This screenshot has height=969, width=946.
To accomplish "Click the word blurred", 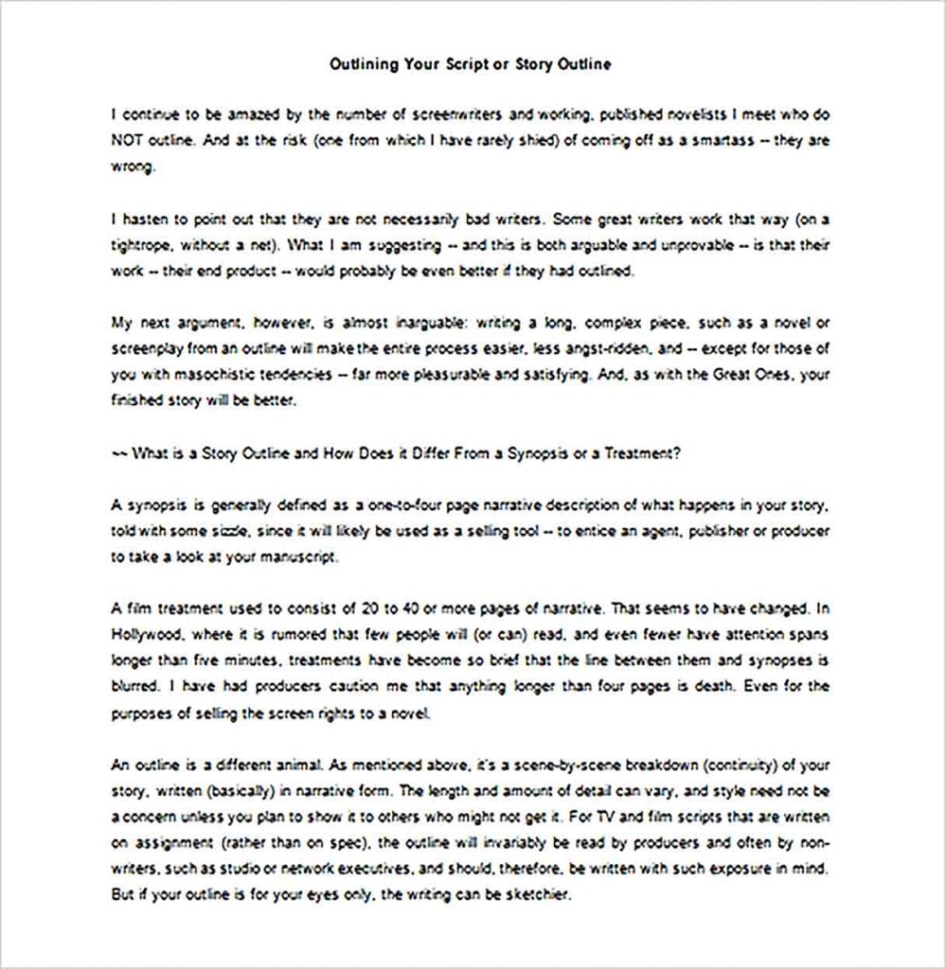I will [134, 686].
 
